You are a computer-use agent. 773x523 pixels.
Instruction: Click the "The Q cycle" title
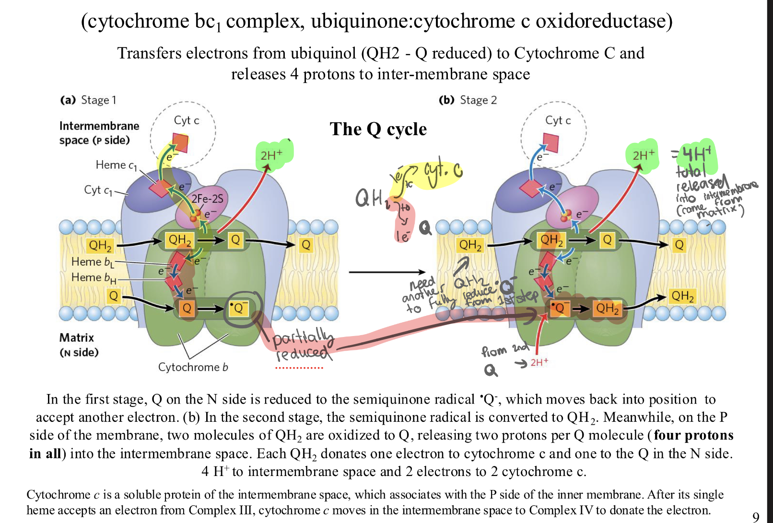point(378,129)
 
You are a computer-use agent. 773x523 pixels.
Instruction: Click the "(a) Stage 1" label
point(88,100)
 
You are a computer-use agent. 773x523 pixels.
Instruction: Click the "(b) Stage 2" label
point(468,100)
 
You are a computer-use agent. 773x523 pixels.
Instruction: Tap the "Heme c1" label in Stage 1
point(116,165)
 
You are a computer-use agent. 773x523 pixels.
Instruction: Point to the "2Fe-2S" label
point(207,198)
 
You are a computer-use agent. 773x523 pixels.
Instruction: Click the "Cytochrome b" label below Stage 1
point(193,367)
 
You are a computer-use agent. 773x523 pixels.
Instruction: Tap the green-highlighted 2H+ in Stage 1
point(272,155)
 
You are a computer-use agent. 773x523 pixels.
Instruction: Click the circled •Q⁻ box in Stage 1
point(238,308)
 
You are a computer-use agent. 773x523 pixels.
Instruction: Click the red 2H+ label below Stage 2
point(539,362)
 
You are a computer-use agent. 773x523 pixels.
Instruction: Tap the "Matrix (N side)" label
point(79,345)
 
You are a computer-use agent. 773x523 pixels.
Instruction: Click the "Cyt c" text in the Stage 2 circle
point(558,120)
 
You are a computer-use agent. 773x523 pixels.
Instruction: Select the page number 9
point(756,516)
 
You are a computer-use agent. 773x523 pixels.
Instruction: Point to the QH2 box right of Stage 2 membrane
point(682,296)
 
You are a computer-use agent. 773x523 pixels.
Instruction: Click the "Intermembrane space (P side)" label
point(99,133)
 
